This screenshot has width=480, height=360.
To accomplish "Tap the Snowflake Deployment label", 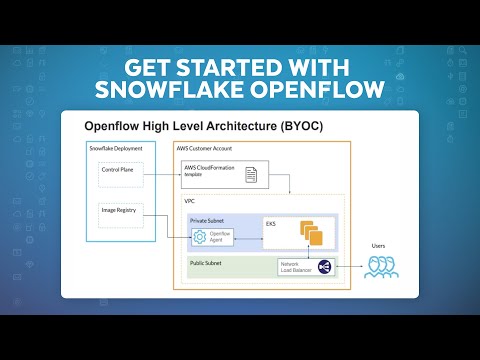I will coord(115,148).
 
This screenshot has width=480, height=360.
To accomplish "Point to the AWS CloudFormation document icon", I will coord(252,174).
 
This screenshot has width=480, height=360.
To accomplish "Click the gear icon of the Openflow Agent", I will coord(200,236).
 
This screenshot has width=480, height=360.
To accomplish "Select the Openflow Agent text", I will coord(224,236).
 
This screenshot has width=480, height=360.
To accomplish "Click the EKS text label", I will coord(271,224).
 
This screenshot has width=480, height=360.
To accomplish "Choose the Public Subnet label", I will coord(205,262).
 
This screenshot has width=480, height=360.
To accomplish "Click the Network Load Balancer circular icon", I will coord(324,266).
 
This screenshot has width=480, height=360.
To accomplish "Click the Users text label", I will coord(378,245).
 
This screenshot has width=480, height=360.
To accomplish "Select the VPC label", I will coord(189,201).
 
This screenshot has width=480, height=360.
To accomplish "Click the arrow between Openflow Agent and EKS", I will coord(251,237).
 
